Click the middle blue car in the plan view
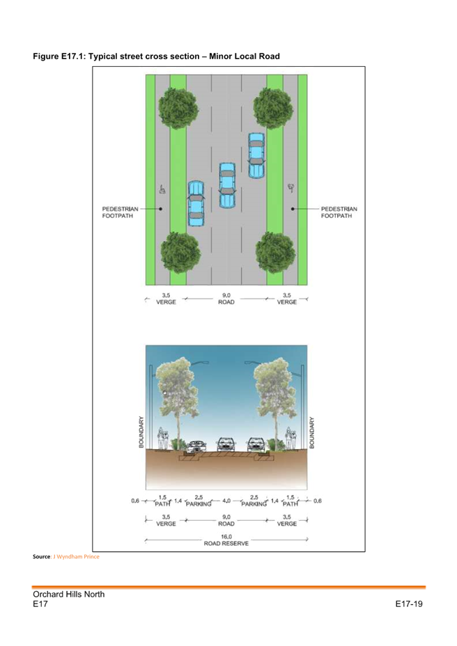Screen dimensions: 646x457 228,185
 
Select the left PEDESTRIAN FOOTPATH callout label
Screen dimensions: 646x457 117,212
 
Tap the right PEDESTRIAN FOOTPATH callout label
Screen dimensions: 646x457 339,212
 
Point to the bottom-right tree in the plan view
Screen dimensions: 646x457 274,252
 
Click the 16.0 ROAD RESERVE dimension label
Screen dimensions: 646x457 226,539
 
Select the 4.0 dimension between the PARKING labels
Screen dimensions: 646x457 226,501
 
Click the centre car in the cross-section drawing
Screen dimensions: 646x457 226,444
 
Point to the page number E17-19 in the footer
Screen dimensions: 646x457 409,604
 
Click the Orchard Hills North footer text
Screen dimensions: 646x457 68,594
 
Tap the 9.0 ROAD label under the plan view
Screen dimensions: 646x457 226,299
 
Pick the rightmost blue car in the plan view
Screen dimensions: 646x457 256,157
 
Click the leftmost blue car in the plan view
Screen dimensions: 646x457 196,204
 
